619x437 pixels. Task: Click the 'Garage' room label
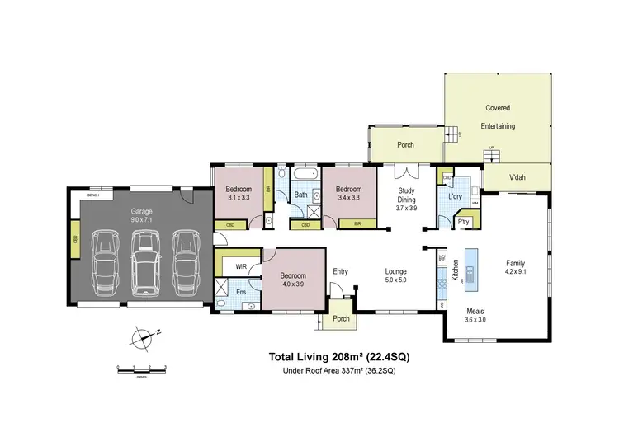[x=141, y=212]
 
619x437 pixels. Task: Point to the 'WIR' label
[x=242, y=266]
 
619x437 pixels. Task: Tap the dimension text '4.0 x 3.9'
[x=293, y=284]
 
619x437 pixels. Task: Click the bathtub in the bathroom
[x=301, y=176]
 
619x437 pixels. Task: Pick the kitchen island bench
[x=471, y=267]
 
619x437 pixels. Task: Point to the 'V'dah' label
[x=517, y=177]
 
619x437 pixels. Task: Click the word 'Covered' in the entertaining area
[x=497, y=108]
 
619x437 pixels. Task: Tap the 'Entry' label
[x=341, y=271]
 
